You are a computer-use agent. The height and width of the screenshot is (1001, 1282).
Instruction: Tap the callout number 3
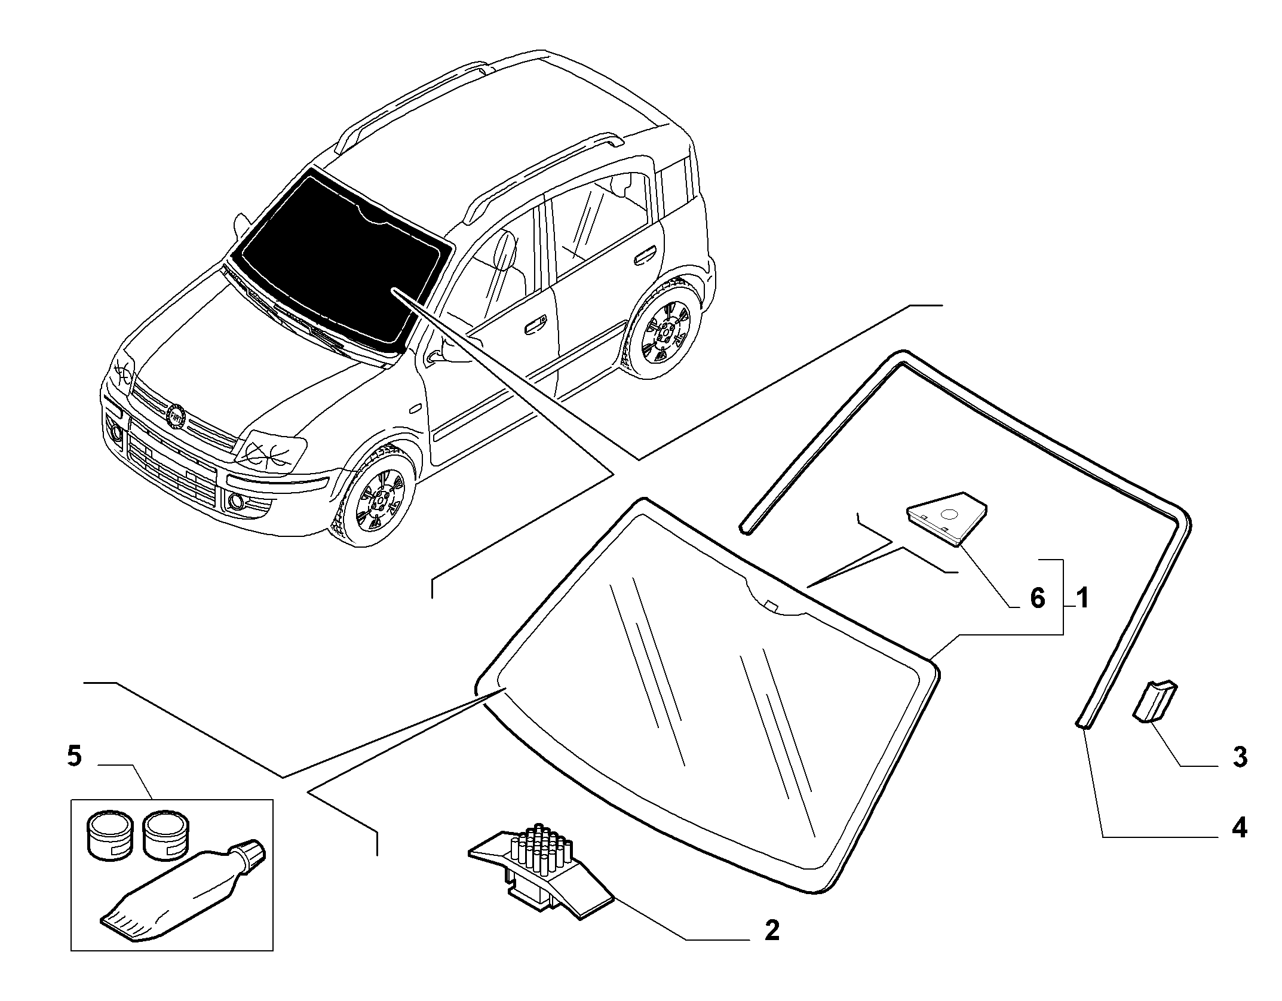coord(1240,757)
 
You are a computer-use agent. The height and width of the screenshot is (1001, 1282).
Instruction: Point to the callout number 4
coord(1240,829)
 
